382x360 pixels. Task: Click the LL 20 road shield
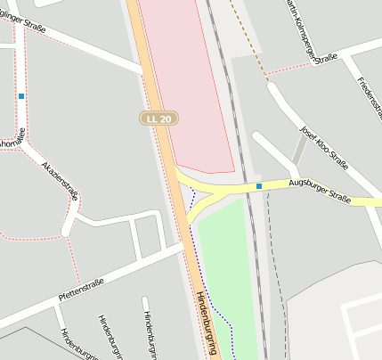click(x=159, y=118)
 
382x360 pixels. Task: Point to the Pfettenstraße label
click(x=80, y=289)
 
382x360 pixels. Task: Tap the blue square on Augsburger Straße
click(x=259, y=185)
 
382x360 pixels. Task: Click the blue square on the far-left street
click(x=20, y=95)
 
